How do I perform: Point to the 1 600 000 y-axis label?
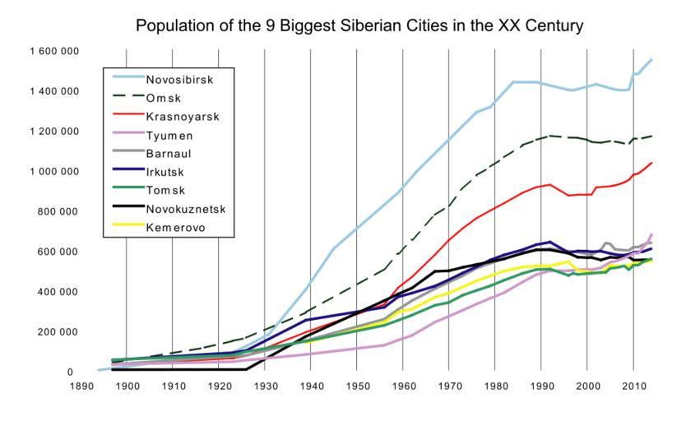point(55,51)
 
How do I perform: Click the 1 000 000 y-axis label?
point(55,171)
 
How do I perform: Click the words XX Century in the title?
point(536,26)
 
